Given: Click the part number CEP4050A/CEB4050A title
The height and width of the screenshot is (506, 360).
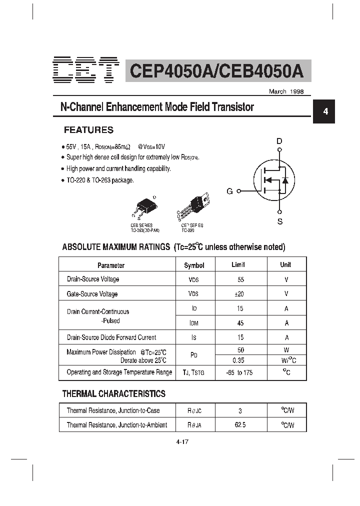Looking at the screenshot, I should pos(216,70).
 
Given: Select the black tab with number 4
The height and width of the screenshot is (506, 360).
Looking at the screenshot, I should pos(325,112).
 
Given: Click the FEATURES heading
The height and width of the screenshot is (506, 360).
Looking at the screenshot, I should pos(88,130).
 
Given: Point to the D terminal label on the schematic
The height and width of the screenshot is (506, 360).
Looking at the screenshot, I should pos(279,141).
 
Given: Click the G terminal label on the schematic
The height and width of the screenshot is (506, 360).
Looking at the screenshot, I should pos(229,191).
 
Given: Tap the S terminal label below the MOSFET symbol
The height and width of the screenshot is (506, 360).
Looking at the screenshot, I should pos(280,221).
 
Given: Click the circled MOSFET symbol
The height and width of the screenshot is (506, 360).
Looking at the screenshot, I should pos(272,180).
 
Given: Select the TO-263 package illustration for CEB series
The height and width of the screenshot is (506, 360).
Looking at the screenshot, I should pos(145,206).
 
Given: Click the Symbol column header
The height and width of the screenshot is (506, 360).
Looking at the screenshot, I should pos(194,265).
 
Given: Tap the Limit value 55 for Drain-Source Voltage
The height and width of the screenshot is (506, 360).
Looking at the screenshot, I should pos(241,279).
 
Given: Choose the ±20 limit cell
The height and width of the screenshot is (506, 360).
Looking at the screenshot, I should pos(240,294).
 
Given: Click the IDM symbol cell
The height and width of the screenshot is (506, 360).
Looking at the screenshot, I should pos(194,323).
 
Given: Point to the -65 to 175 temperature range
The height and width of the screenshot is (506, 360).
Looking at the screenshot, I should pos(239,372).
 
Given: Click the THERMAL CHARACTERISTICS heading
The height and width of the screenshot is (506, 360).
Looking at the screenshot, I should pos(113,394).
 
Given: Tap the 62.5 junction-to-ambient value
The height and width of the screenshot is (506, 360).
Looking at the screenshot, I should pos(240,425).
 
